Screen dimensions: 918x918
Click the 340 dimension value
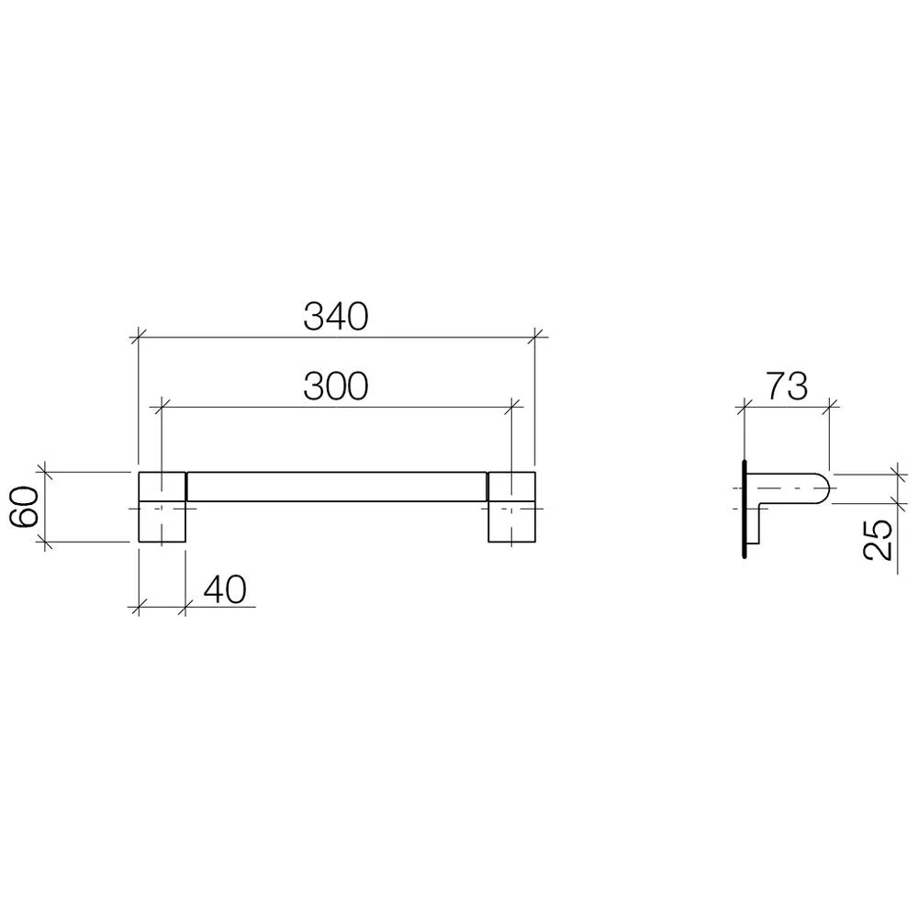(x=335, y=317)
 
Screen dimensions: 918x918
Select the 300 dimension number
(x=335, y=386)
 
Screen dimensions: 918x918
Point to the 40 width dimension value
(x=225, y=589)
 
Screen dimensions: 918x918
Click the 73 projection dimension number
(x=788, y=386)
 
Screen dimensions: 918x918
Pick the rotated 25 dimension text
(x=879, y=540)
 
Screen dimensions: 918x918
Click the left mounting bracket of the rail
(x=162, y=507)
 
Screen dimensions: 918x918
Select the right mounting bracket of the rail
(x=511, y=507)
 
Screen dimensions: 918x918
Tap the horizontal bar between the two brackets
(x=337, y=487)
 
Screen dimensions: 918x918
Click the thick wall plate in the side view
(x=744, y=509)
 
